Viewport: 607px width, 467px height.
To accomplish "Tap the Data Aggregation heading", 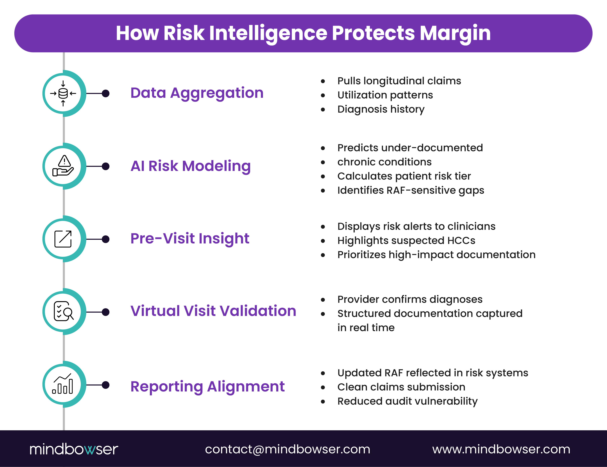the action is click(197, 93).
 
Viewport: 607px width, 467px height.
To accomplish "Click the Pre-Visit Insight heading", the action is click(190, 239).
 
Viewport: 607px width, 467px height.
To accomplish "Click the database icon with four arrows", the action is click(63, 93).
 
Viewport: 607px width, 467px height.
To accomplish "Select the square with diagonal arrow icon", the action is click(63, 239).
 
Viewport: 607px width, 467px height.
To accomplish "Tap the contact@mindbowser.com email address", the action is click(288, 449).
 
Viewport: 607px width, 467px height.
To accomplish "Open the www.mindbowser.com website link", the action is click(501, 449).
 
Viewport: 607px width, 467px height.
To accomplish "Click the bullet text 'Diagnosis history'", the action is click(381, 109).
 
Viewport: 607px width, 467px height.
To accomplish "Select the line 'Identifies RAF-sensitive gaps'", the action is click(410, 190).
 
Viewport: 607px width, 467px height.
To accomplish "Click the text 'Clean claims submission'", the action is click(401, 387).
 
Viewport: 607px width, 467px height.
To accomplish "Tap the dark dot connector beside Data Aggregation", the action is click(106, 93).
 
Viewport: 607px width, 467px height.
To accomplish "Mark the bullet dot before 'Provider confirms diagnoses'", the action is click(323, 300).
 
